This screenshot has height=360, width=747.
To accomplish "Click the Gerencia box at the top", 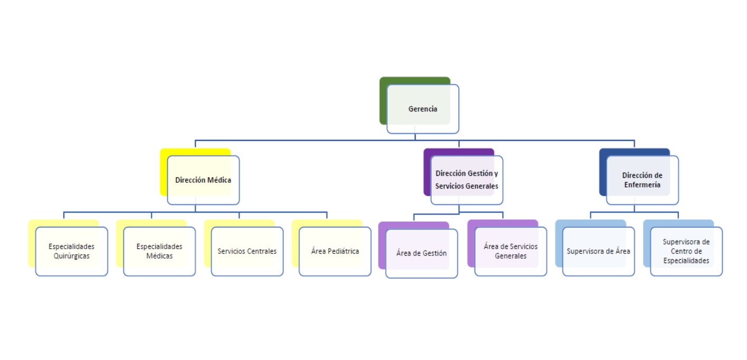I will point(423,109).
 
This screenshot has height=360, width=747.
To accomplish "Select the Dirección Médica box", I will point(203,180).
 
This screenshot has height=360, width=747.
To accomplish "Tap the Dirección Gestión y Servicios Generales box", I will point(467,180).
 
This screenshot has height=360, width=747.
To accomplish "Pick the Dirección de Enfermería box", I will point(642,180).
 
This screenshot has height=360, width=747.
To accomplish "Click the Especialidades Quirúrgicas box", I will point(71,251).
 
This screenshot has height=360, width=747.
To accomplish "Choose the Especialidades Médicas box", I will point(159,251).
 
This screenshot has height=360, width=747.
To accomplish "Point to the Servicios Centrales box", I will point(247,251).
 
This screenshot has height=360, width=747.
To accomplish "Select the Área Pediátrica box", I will point(335,251).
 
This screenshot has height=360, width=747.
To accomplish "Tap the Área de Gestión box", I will point(422,253).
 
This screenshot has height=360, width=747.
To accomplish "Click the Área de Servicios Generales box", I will point(511,251).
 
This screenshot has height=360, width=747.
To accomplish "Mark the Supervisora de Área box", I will point(598,251).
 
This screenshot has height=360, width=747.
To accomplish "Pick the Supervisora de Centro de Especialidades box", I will point(686,251).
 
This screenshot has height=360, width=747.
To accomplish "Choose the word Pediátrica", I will point(343,251).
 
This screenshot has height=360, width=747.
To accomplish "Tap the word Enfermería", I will point(642,185).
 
